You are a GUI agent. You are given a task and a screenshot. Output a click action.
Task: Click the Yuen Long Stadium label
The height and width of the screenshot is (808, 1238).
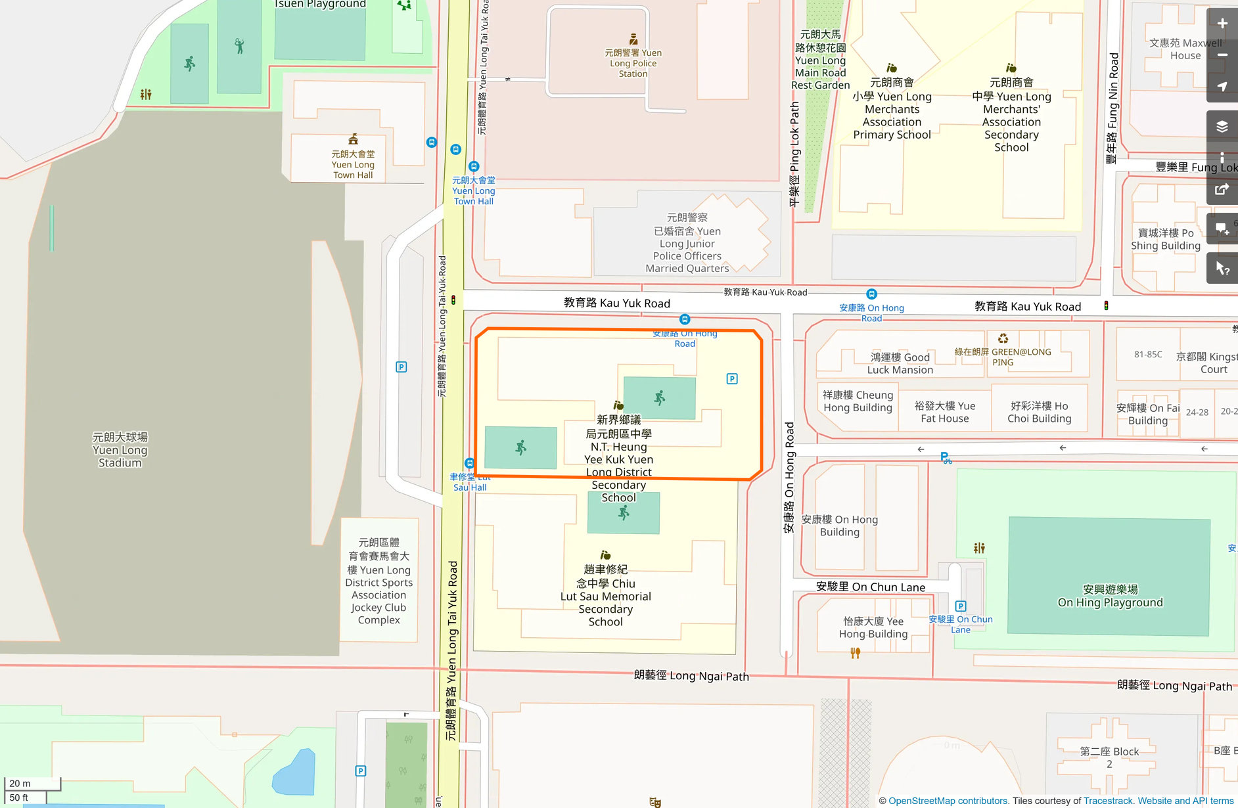(120, 450)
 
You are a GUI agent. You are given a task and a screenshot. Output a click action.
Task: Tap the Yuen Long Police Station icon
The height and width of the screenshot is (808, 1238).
(633, 39)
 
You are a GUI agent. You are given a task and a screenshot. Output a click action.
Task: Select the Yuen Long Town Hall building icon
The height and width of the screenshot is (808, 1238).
(353, 139)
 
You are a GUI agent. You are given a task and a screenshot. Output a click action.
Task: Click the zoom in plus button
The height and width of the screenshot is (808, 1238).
(1222, 24)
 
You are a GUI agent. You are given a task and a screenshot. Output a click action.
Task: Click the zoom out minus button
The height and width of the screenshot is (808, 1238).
(1222, 55)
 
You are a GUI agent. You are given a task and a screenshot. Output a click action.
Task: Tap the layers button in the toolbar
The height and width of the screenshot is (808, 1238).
(1222, 127)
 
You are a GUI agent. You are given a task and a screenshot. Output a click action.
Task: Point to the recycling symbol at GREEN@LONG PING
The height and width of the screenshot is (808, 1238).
(1003, 339)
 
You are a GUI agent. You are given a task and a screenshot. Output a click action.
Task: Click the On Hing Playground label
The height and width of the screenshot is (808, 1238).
(1110, 596)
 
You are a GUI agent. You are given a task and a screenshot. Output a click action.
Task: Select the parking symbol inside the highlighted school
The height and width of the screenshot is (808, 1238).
(732, 379)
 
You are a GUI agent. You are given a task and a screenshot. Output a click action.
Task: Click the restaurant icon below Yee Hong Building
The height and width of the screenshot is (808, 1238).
(855, 653)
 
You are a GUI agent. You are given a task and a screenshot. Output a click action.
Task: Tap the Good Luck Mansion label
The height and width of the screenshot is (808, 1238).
(900, 363)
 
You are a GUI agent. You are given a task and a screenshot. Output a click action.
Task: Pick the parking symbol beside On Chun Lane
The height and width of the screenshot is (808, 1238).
(961, 606)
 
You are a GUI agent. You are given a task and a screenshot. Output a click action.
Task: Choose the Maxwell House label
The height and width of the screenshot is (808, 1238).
(1185, 49)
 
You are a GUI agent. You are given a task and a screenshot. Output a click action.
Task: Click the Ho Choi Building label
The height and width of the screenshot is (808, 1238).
(1039, 412)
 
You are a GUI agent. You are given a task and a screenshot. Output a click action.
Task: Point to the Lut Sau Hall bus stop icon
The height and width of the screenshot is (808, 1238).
(469, 463)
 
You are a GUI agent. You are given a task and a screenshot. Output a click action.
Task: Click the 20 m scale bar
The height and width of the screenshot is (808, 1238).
(32, 784)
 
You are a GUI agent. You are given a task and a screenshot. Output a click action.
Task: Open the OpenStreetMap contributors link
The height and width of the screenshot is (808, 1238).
(948, 801)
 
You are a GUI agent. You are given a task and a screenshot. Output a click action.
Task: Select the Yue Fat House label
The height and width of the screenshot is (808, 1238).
(944, 412)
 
